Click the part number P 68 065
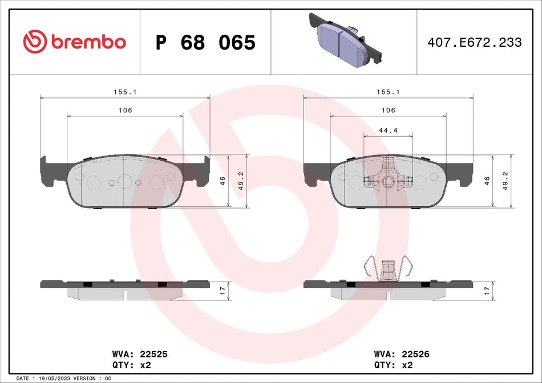coord(205,42)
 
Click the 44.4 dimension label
coord(388,131)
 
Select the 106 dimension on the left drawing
coord(125,110)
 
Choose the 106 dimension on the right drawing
coord(388,110)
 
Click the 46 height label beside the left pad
coord(223,180)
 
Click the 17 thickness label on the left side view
coord(223,290)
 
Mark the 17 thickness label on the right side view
coord(486,290)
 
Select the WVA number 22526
coord(415,354)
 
